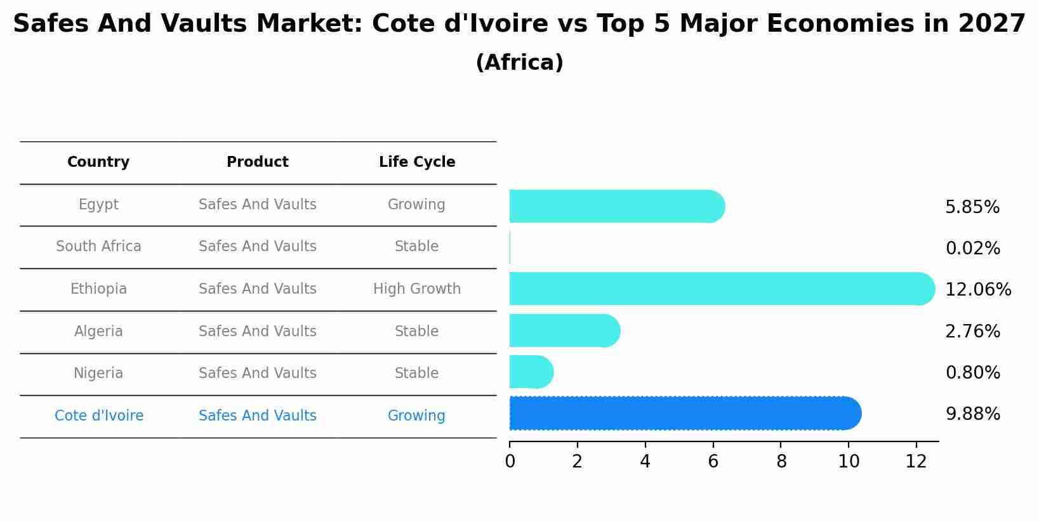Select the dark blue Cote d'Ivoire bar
685,414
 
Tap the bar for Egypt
616,206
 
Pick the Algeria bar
564,330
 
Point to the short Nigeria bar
531,372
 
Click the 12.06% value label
977,290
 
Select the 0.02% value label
972,248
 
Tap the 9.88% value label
972,414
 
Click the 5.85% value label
972,207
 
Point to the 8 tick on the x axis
781,462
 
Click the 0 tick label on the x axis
510,462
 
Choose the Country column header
98,162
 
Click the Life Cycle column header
417,162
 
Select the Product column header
257,162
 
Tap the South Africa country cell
98,246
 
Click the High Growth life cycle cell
417,289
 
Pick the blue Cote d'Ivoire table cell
99,415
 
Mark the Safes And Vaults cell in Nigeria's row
257,373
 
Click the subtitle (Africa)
519,62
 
